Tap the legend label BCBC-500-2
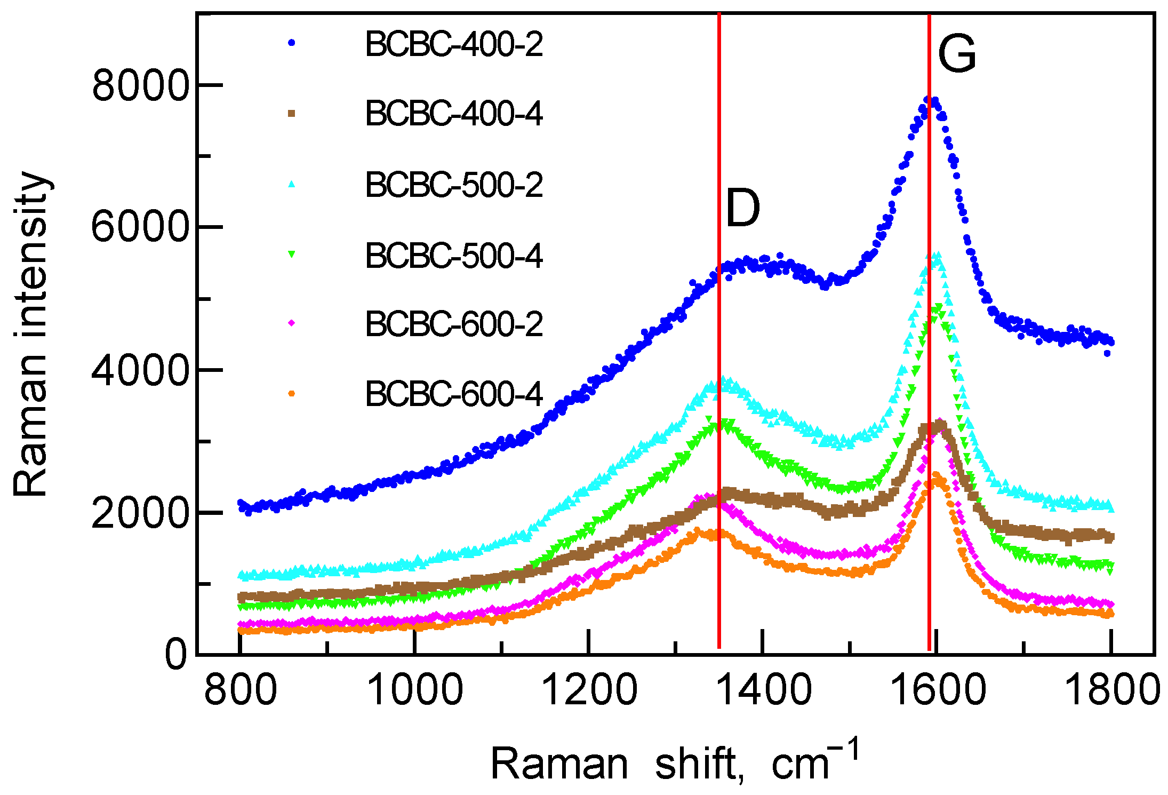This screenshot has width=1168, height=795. [454, 185]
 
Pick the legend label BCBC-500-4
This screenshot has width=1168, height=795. [454, 256]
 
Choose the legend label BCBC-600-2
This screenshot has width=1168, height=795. [454, 324]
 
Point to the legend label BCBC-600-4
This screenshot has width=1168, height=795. [454, 394]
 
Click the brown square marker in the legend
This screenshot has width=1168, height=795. [291, 113]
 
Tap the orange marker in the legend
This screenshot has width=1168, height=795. [291, 394]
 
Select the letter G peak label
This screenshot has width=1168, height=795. [957, 54]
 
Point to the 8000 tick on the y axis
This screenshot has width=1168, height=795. [140, 85]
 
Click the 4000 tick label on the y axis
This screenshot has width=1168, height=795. [140, 370]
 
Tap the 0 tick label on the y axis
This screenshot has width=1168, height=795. [176, 655]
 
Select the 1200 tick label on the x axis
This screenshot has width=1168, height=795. [589, 690]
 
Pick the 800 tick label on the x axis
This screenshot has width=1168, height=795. [241, 690]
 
